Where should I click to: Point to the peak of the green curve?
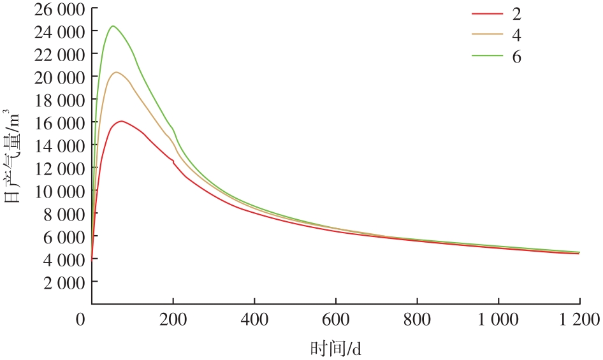113,26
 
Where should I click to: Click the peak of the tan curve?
116,72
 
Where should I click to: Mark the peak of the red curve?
121,120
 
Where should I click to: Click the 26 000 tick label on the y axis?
62,9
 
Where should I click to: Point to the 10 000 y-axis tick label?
62,191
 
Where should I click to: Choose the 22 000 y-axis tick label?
62,55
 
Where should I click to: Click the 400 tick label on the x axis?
255,319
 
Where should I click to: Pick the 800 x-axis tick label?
417,319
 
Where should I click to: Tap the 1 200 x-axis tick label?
579,319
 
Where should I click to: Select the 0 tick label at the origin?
80,319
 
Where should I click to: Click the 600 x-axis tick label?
336,319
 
